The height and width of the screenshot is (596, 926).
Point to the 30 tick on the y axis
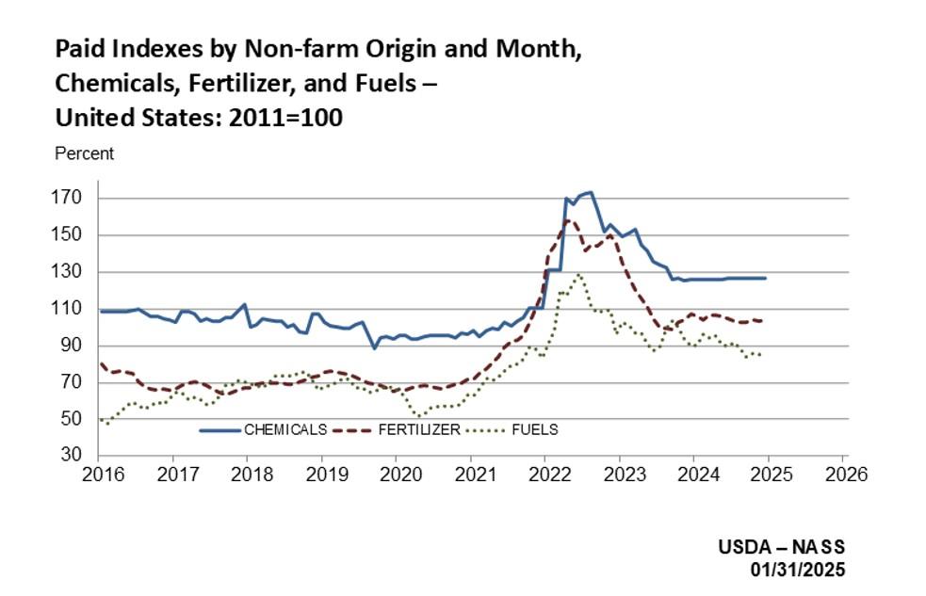point(75,457)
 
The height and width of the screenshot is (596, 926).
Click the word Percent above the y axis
point(85,153)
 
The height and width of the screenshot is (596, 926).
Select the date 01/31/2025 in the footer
point(797,571)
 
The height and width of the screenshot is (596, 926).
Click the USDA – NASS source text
point(782,547)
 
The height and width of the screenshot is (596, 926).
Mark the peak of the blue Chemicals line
point(590,192)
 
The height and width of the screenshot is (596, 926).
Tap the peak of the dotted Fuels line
point(578,274)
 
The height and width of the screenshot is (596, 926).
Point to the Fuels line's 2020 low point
point(418,414)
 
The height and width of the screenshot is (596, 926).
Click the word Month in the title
point(535,48)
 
